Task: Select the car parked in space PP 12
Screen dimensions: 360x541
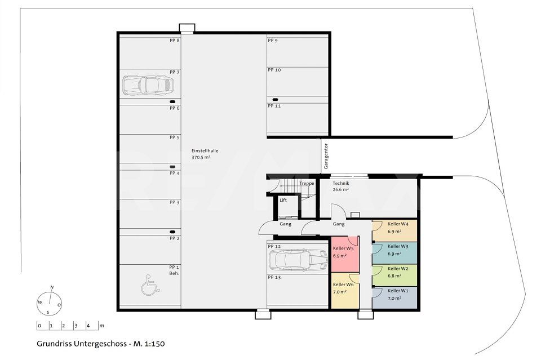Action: pyautogui.click(x=298, y=260)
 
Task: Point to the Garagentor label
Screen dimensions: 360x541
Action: pyautogui.click(x=326, y=156)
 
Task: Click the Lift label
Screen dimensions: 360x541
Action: pyautogui.click(x=283, y=200)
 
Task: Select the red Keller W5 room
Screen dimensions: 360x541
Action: pyautogui.click(x=345, y=253)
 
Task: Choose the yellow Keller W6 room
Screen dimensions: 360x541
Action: pyautogui.click(x=345, y=291)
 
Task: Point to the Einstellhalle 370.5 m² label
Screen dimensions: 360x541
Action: pyautogui.click(x=201, y=154)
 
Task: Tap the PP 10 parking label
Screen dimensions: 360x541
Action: pyautogui.click(x=274, y=70)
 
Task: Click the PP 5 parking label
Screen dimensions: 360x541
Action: pyautogui.click(x=174, y=137)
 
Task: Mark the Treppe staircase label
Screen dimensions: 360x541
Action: pyautogui.click(x=307, y=184)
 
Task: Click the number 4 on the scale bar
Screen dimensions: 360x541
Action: pyautogui.click(x=87, y=326)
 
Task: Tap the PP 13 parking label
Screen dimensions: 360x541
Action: pyautogui.click(x=274, y=278)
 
